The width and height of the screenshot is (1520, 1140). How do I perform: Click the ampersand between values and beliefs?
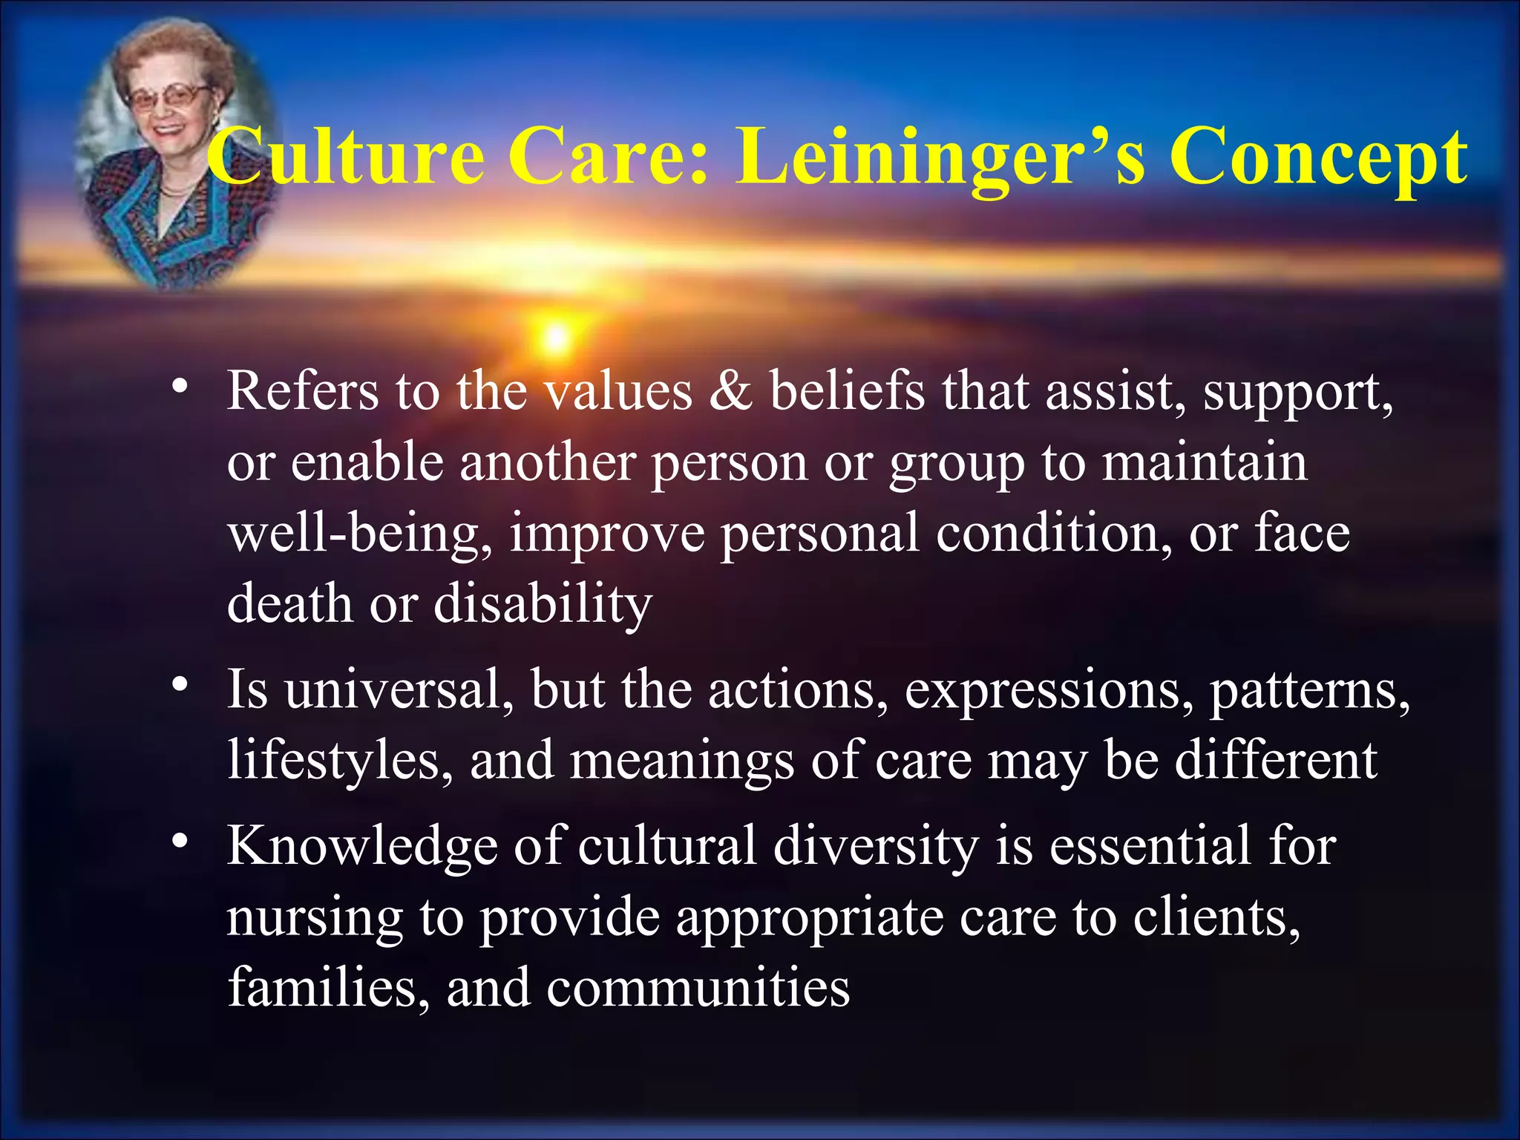pyautogui.click(x=730, y=391)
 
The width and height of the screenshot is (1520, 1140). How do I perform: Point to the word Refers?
pyautogui.click(x=303, y=391)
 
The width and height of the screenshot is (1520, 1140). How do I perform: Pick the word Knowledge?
pyautogui.click(x=362, y=846)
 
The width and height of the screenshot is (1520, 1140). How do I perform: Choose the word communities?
pyautogui.click(x=698, y=989)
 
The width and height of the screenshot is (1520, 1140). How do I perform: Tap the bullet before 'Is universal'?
pyautogui.click(x=179, y=684)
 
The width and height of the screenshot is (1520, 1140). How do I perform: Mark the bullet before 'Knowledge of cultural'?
pyautogui.click(x=179, y=841)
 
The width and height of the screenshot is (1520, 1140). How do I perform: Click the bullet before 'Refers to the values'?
pyautogui.click(x=179, y=386)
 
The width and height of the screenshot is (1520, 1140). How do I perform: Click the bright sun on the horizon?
pyautogui.click(x=556, y=338)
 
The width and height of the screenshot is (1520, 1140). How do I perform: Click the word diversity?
pyautogui.click(x=876, y=847)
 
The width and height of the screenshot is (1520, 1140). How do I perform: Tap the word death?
pyautogui.click(x=289, y=603)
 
